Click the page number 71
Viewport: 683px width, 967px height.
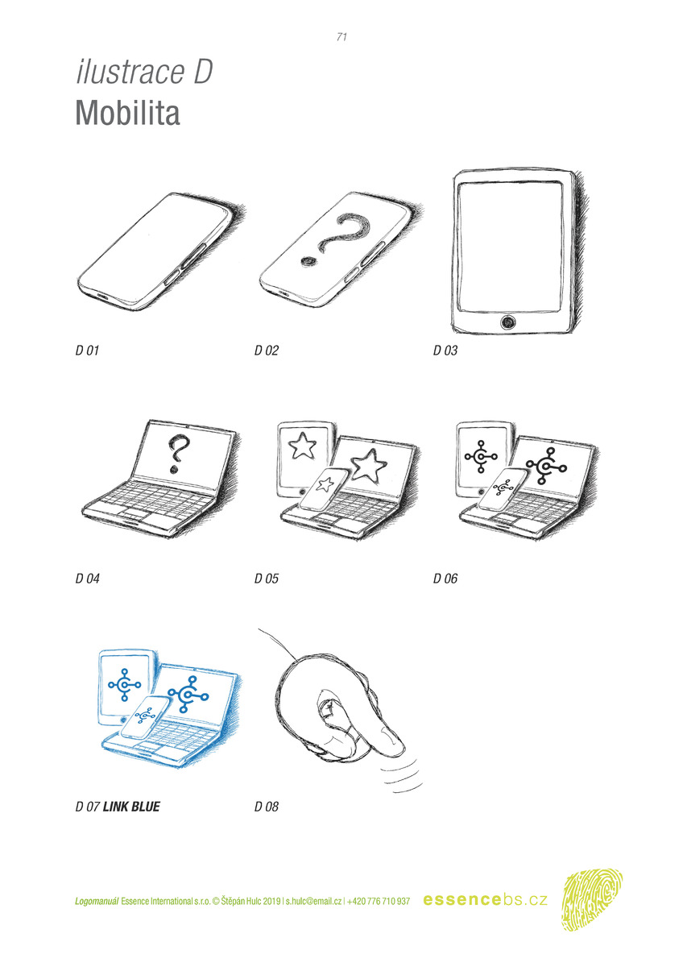tap(341, 37)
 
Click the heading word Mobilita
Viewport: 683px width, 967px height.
tap(128, 113)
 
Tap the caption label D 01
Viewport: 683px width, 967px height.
tap(87, 350)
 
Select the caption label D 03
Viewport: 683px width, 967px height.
tap(445, 350)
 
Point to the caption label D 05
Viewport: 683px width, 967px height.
tap(267, 579)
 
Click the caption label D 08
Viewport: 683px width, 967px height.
tap(267, 807)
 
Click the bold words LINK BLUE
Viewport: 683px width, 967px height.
tap(131, 807)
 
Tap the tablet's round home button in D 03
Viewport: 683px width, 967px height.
tap(508, 322)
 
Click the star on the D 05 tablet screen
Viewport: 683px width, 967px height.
tap(302, 446)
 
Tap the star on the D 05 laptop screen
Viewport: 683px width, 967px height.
tap(368, 466)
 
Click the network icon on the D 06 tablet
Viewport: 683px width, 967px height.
tap(481, 456)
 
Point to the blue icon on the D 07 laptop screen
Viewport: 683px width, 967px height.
tap(188, 694)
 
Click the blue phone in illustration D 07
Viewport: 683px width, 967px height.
tap(145, 716)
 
